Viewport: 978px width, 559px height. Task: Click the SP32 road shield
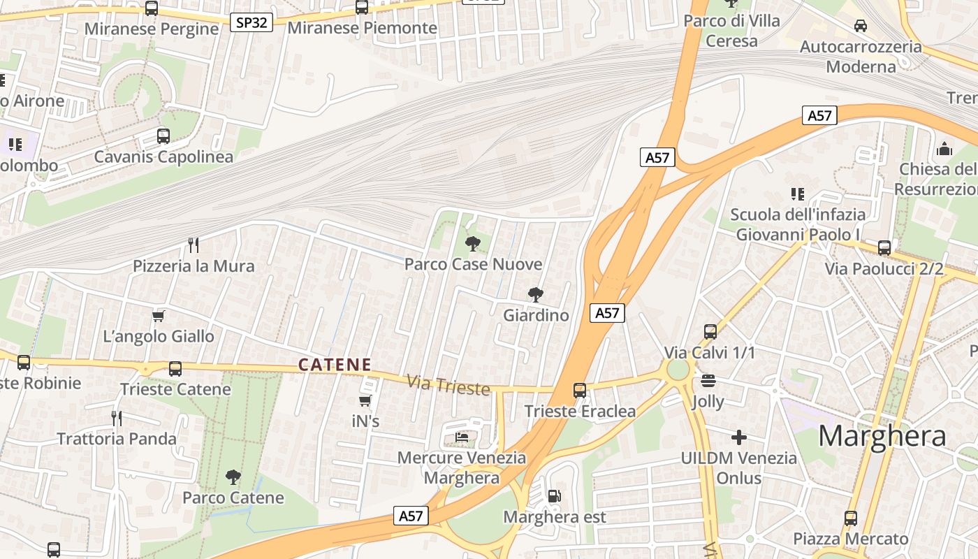pos(251,22)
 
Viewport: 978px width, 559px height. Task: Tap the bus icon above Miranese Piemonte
pos(361,7)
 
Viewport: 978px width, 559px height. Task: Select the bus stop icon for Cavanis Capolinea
pos(163,136)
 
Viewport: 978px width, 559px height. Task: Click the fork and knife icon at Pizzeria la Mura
pos(194,245)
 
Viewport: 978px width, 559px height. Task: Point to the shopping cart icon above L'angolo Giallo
pos(159,316)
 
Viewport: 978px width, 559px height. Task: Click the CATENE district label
pos(335,365)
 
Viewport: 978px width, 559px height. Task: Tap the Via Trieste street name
pos(448,385)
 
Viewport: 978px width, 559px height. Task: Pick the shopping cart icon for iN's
pos(365,401)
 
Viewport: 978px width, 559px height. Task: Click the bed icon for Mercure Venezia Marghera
pos(462,437)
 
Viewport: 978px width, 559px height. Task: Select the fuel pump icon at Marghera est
pos(554,496)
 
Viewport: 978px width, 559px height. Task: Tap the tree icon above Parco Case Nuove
pos(473,244)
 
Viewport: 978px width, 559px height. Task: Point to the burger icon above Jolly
pos(708,382)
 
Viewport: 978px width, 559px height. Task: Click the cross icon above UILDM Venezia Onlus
pos(739,437)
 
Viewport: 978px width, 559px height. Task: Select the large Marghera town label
pos(882,436)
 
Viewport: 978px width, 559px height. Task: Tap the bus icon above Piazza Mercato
pos(850,518)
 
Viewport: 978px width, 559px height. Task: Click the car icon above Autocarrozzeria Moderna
pos(861,26)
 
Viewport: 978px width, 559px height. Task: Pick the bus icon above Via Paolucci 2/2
pos(884,247)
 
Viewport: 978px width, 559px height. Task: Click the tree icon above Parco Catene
pos(233,477)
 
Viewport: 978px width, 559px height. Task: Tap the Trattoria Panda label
pos(116,439)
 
